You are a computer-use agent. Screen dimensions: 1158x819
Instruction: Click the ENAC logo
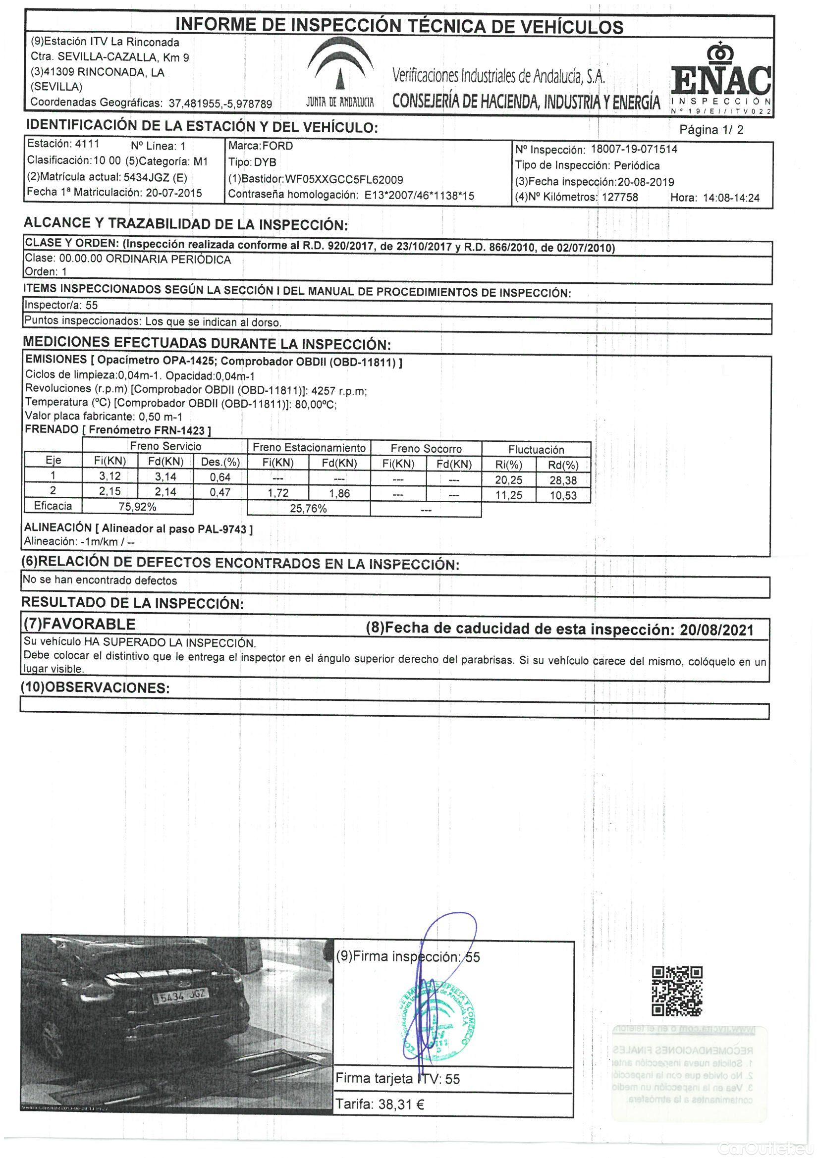click(x=721, y=78)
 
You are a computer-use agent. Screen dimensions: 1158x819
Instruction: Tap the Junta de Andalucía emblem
click(x=340, y=73)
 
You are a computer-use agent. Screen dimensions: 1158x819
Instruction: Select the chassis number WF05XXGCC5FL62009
click(x=344, y=180)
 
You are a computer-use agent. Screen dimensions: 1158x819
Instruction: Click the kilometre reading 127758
click(x=620, y=197)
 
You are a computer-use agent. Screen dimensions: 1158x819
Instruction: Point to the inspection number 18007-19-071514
click(x=634, y=149)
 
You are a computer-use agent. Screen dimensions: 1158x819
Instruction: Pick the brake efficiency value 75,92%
click(x=137, y=507)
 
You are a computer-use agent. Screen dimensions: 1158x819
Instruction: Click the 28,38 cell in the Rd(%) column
click(x=563, y=480)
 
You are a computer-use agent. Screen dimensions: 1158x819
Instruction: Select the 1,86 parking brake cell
click(x=339, y=493)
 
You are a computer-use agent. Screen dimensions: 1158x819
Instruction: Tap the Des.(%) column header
click(x=220, y=462)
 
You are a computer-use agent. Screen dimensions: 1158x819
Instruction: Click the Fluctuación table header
click(x=536, y=449)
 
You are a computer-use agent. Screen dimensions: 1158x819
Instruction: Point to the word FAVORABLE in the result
click(x=89, y=624)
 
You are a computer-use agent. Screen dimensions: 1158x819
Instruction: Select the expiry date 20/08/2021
click(x=716, y=630)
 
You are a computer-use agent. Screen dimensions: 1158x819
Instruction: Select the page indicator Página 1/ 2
click(x=711, y=130)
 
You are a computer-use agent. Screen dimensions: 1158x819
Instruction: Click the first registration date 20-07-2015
click(x=173, y=193)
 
